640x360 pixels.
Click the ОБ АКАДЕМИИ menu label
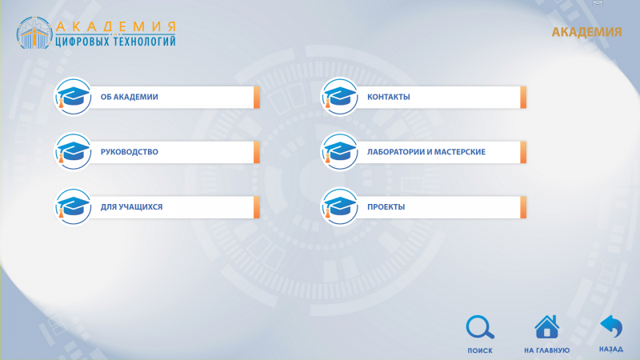point(129,97)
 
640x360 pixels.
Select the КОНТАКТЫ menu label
point(388,97)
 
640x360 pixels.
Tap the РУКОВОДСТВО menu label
point(129,152)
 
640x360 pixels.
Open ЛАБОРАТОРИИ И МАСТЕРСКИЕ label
point(426,152)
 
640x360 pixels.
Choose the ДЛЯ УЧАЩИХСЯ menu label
point(131,207)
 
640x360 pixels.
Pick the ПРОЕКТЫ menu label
point(386,207)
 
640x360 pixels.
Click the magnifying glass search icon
point(480,327)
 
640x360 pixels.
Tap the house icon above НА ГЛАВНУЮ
point(547,327)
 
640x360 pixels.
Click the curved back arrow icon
point(611,326)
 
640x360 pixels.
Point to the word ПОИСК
point(480,350)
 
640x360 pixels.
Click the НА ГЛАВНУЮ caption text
point(547,350)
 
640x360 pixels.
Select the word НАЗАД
point(611,350)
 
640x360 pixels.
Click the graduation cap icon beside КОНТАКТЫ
point(339,97)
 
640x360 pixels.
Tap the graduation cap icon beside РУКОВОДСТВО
point(73,152)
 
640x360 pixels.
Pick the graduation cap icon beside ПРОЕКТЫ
point(339,207)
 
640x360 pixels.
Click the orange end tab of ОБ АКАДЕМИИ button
point(257,97)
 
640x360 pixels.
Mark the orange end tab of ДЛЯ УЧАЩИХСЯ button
point(257,207)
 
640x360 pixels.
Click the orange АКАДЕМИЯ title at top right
point(586,32)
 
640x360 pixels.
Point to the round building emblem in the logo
point(34,33)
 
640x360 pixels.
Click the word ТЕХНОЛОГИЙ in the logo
point(145,42)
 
